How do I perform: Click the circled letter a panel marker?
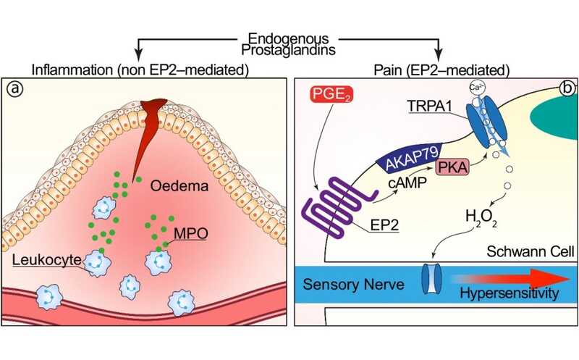coord(13,91)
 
